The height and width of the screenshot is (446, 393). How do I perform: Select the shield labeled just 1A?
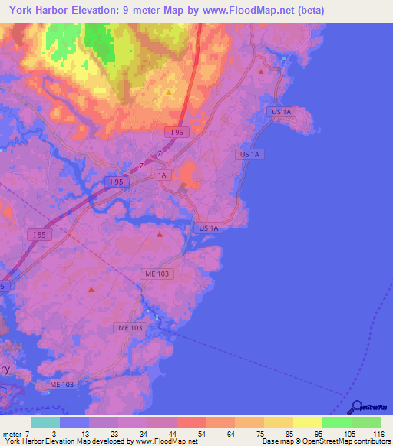[x=162, y=175]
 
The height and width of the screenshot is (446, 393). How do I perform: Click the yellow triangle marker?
[x=170, y=92]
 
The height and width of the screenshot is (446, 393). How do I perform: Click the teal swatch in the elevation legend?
[x=45, y=422]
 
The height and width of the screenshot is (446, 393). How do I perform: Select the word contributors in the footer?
[x=372, y=441]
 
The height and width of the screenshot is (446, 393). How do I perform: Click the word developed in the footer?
[x=114, y=441]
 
